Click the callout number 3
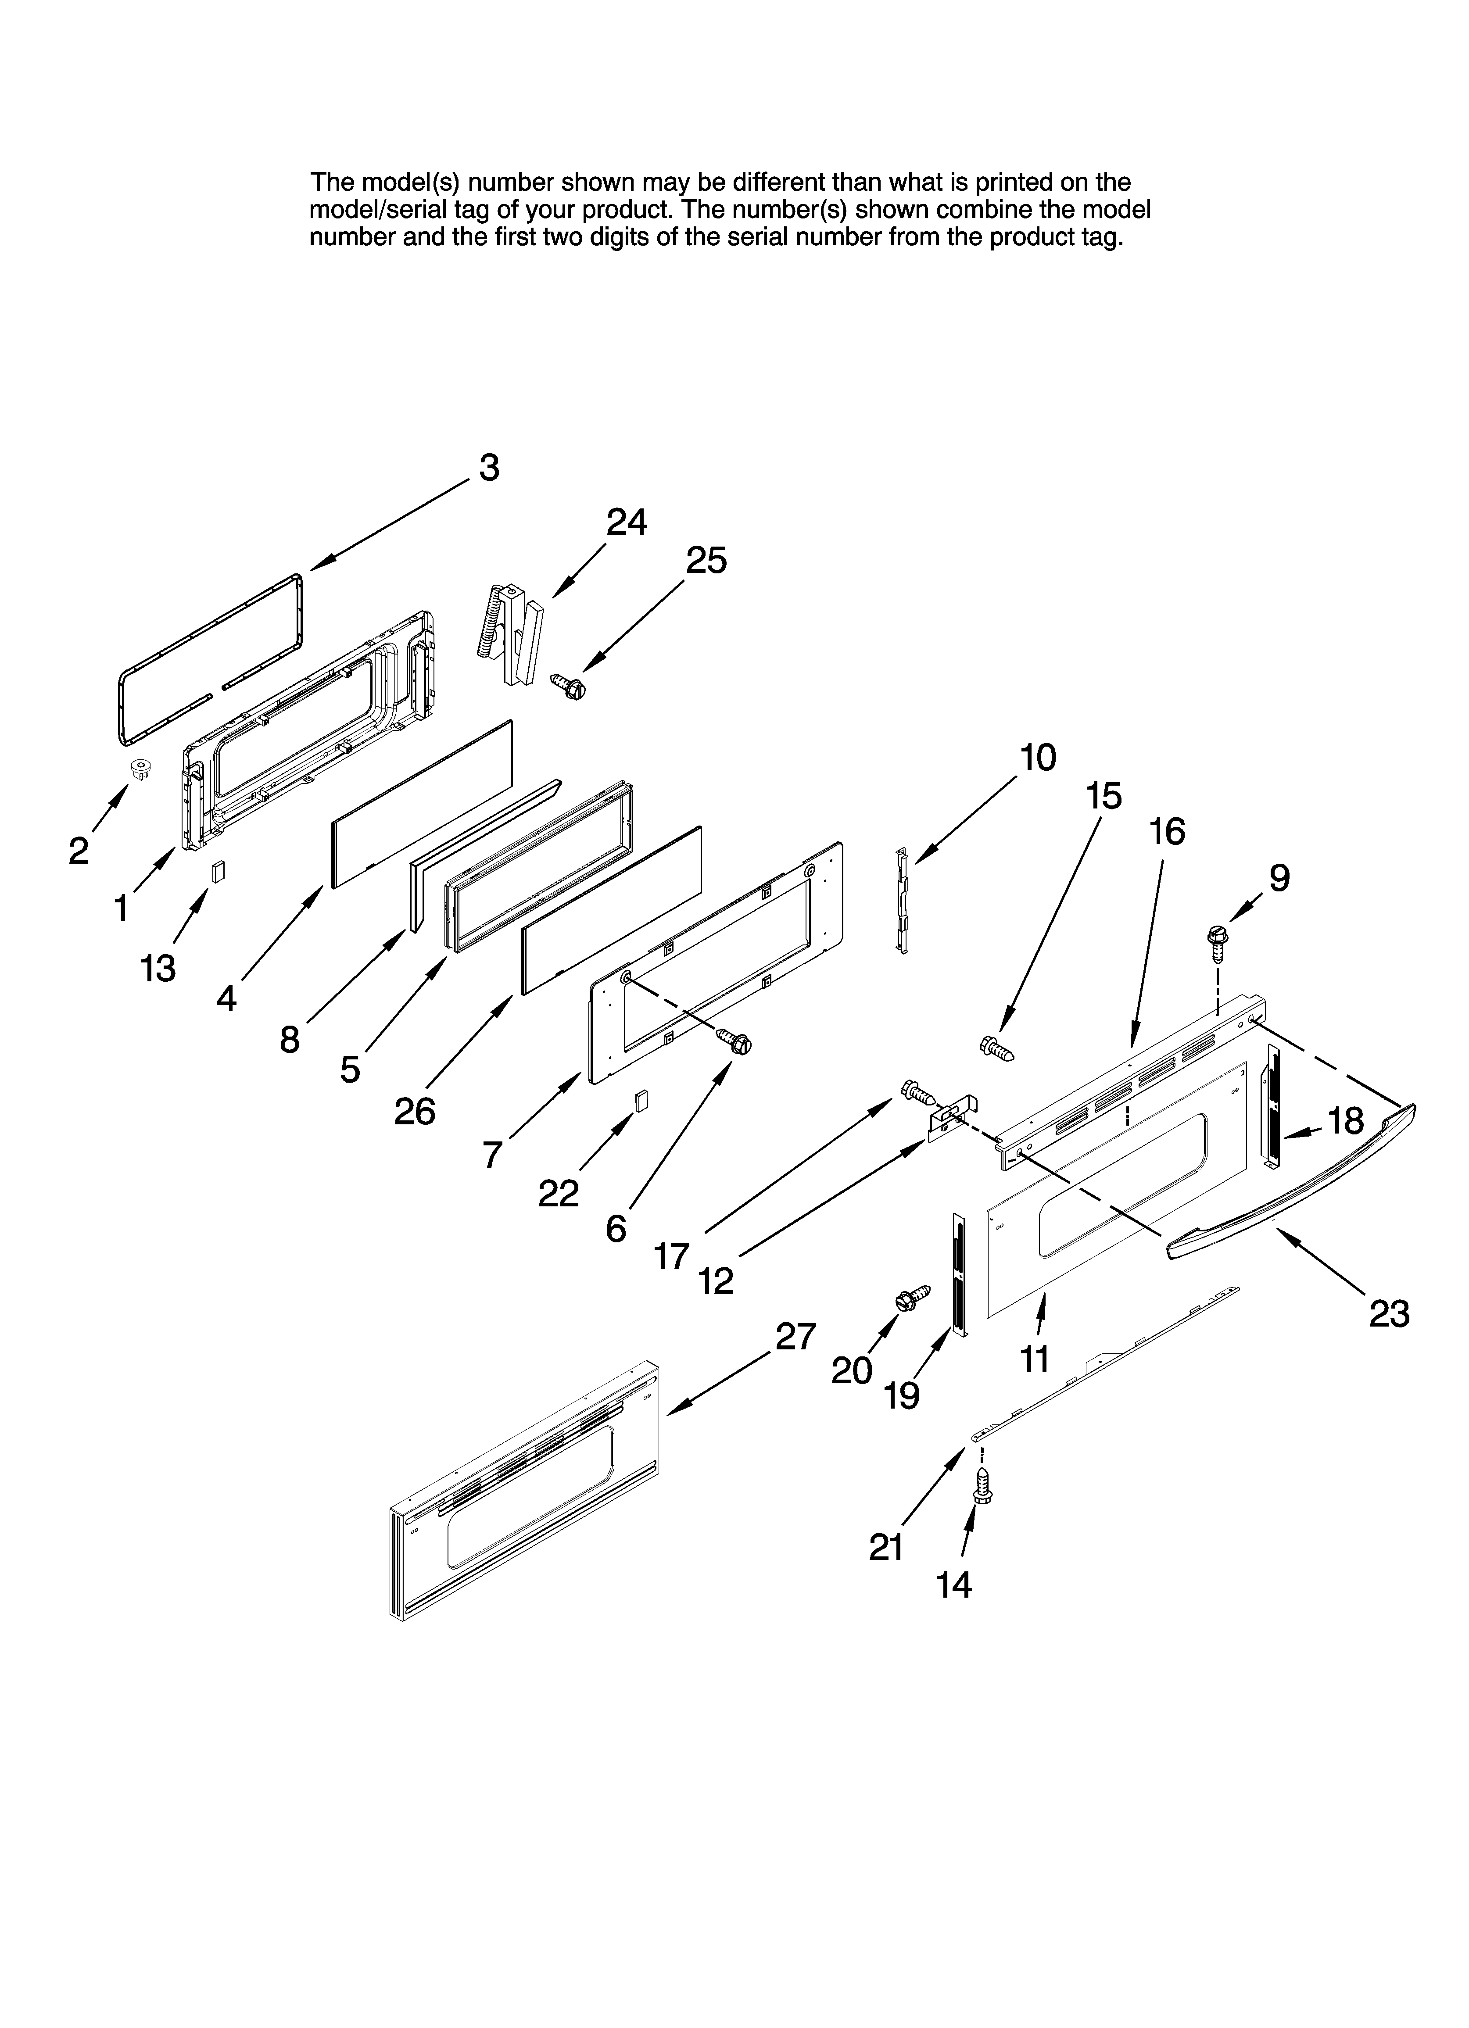click(488, 468)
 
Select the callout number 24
click(626, 521)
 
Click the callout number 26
click(414, 1112)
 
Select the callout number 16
click(1167, 832)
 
